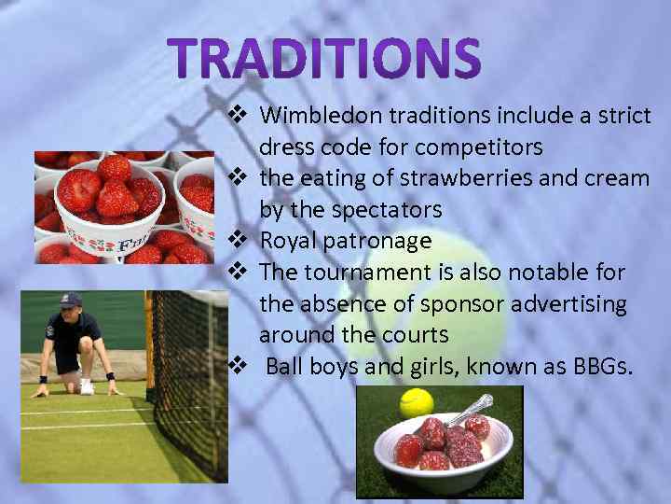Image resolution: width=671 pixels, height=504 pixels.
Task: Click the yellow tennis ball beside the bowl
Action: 417,402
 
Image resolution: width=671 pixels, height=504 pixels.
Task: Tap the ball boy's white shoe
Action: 86,385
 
